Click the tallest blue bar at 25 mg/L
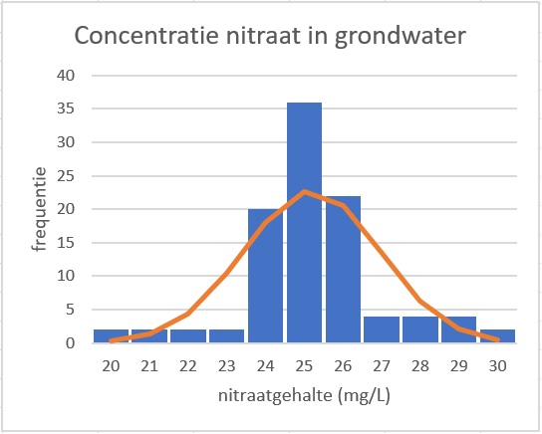pyautogui.click(x=304, y=222)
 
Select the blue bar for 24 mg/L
pyautogui.click(x=265, y=276)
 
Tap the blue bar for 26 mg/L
pyautogui.click(x=343, y=270)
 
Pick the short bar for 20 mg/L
pyautogui.click(x=111, y=335)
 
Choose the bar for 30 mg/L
pyautogui.click(x=497, y=335)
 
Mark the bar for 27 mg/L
pyautogui.click(x=382, y=329)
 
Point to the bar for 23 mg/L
pyautogui.click(x=227, y=335)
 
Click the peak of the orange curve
pyautogui.click(x=304, y=191)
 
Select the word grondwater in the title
pyautogui.click(x=401, y=37)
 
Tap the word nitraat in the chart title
pyautogui.click(x=263, y=35)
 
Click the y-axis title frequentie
pyautogui.click(x=39, y=209)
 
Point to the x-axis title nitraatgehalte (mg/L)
pyautogui.click(x=304, y=395)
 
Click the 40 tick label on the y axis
pyautogui.click(x=66, y=75)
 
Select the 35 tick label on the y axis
pyautogui.click(x=66, y=108)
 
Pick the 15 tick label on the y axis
pyautogui.click(x=66, y=243)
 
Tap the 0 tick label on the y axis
pyautogui.click(x=70, y=342)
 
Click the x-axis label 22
pyautogui.click(x=188, y=366)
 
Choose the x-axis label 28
pyautogui.click(x=420, y=366)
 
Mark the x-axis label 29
pyautogui.click(x=459, y=366)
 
